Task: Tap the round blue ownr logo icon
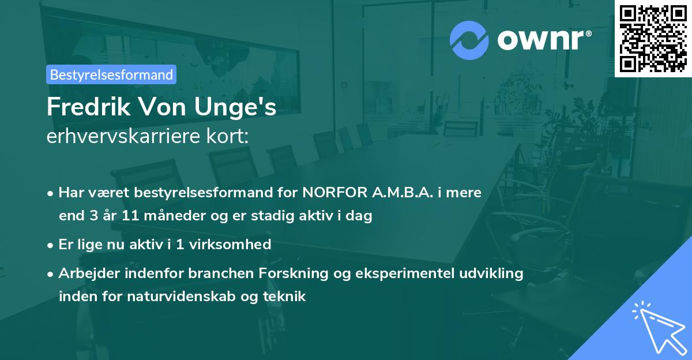pyautogui.click(x=469, y=40)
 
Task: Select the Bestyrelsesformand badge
pyautogui.click(x=111, y=74)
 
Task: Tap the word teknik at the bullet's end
pyautogui.click(x=287, y=297)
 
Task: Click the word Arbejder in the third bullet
pyautogui.click(x=86, y=273)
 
